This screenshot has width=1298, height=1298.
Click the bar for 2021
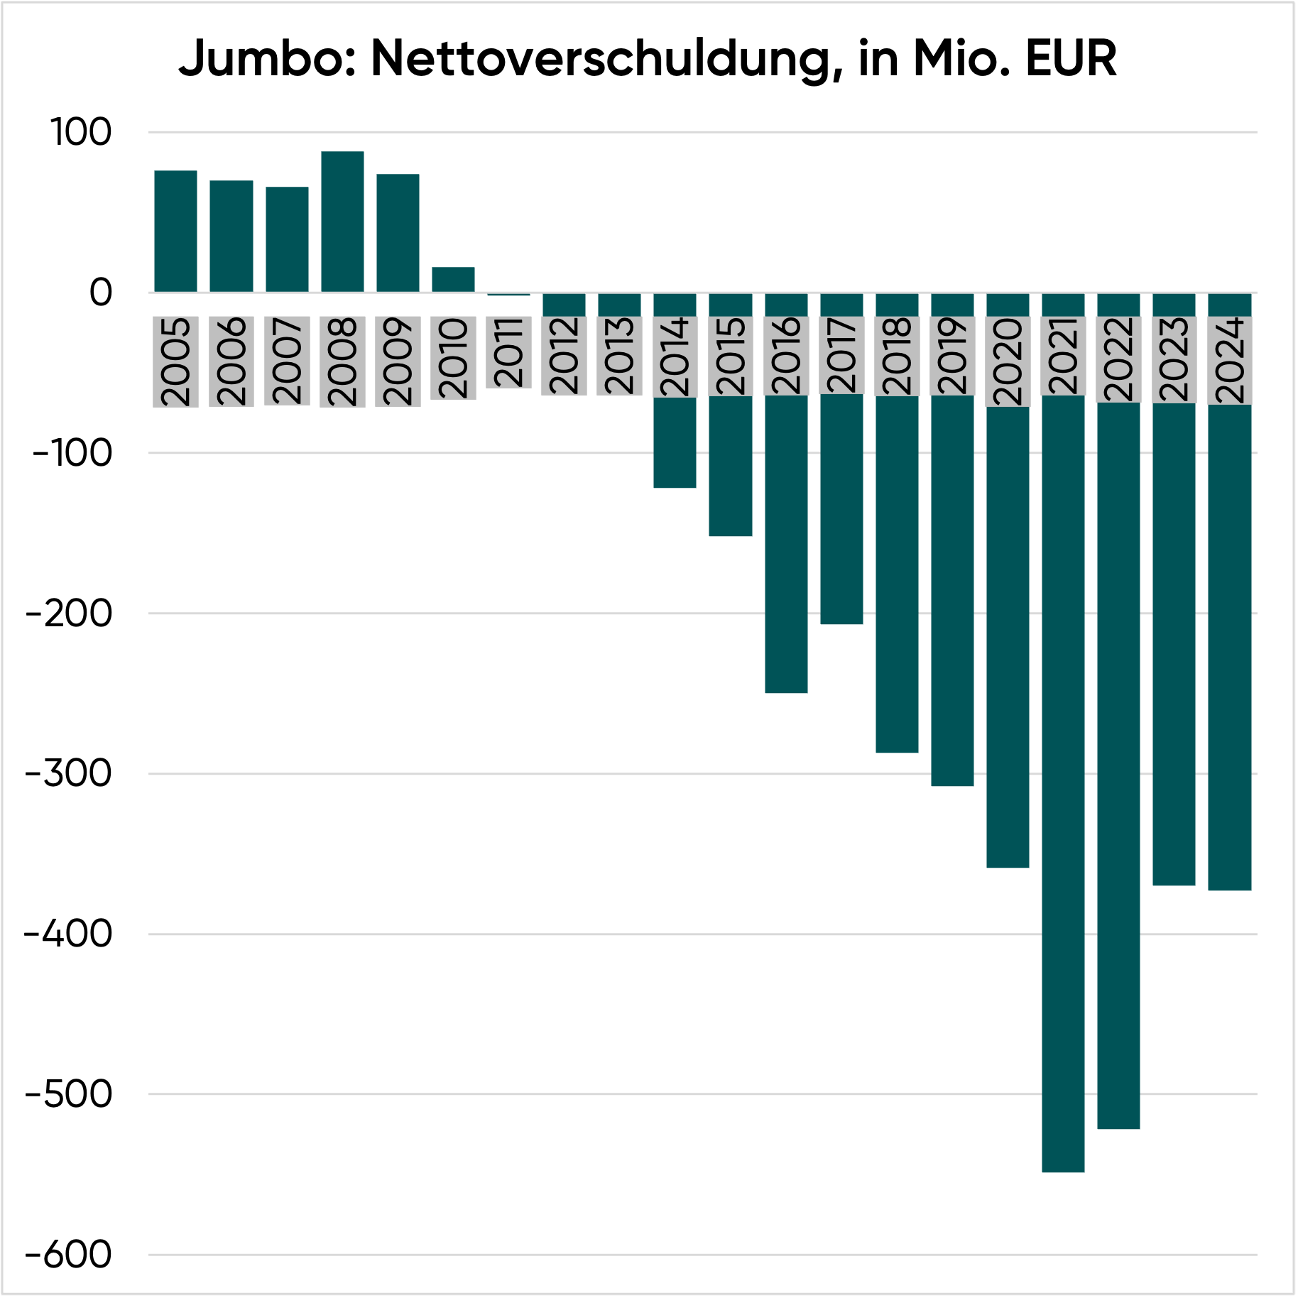click(x=1063, y=781)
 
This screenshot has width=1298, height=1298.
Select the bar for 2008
click(x=342, y=222)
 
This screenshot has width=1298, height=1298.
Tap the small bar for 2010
click(x=453, y=280)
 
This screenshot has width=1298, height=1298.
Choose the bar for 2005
click(x=175, y=231)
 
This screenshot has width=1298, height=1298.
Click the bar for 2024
click(x=1230, y=646)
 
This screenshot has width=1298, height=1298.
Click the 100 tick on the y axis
click(x=81, y=133)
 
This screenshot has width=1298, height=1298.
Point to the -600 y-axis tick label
click(x=69, y=1255)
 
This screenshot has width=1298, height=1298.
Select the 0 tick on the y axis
click(x=100, y=293)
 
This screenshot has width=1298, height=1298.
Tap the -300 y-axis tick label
click(x=69, y=773)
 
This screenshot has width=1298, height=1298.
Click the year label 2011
click(x=509, y=352)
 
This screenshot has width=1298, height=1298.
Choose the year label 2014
click(x=675, y=356)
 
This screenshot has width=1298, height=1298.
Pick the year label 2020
click(x=1008, y=361)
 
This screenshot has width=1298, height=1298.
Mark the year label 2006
click(x=231, y=361)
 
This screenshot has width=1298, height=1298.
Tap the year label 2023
click(x=1174, y=359)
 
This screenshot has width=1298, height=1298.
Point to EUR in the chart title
click(x=1071, y=59)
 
